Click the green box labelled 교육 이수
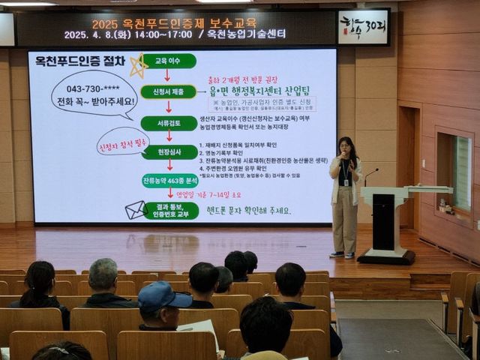(x=169, y=61)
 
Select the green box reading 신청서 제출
(x=168, y=91)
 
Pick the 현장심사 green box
(x=169, y=152)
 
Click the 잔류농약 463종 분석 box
(x=169, y=181)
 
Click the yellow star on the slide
(x=138, y=66)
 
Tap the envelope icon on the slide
(x=135, y=210)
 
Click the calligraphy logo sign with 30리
(x=363, y=27)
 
